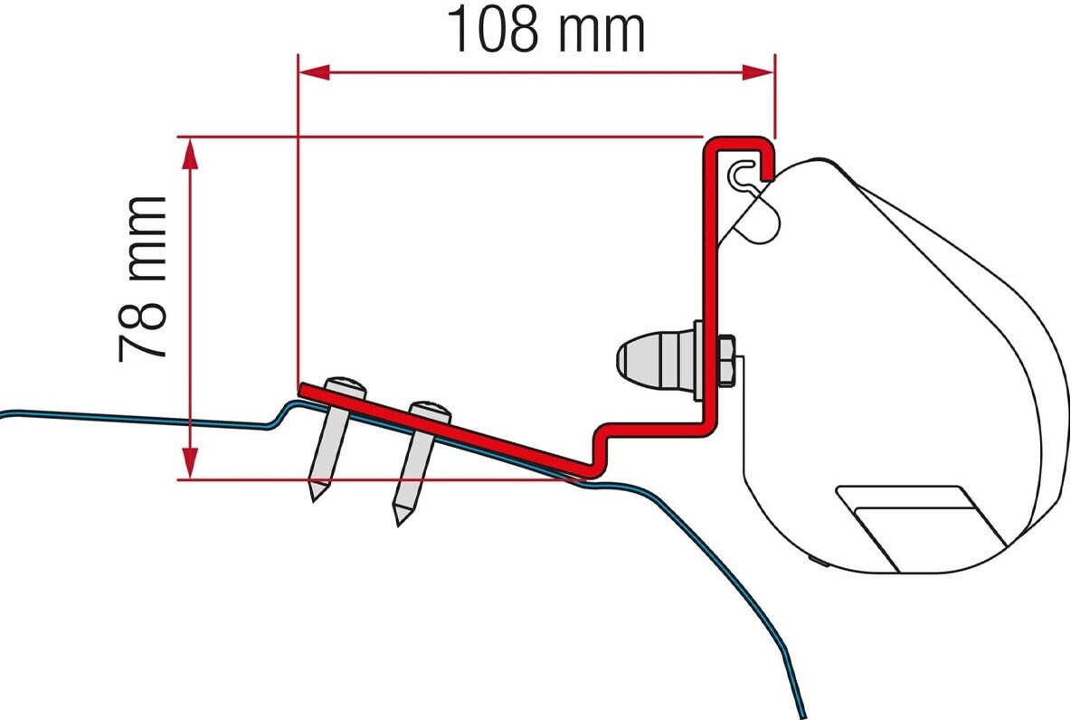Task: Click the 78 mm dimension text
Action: [144, 279]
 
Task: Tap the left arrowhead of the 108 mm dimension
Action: [312, 72]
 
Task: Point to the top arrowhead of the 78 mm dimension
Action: [189, 152]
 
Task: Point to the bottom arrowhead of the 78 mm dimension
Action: [189, 463]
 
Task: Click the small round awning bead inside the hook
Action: [744, 169]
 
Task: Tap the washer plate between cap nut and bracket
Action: [697, 360]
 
